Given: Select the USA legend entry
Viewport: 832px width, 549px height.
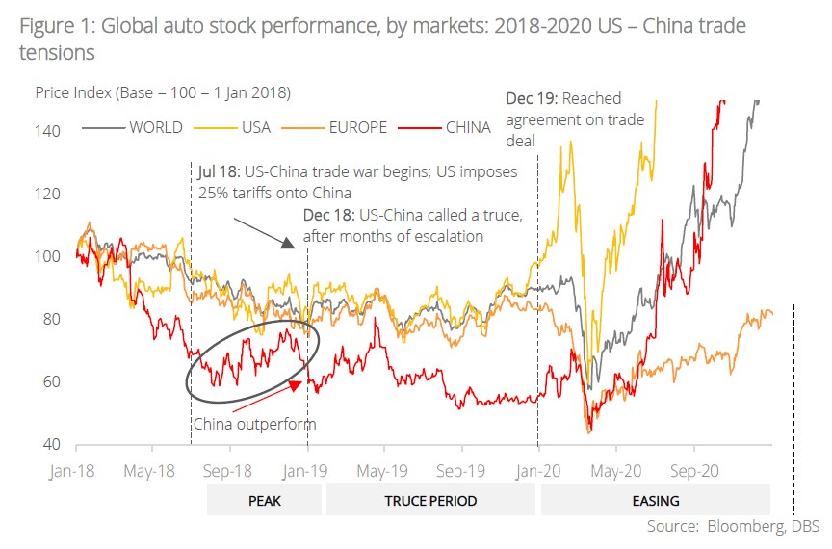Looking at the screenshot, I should [242, 127].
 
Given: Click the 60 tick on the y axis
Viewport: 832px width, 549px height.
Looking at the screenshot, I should [53, 381].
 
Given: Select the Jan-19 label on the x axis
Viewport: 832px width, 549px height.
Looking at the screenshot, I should [307, 473].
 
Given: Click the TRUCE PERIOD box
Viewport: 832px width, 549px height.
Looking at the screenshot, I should [430, 501].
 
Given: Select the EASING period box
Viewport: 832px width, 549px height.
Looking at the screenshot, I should [656, 501].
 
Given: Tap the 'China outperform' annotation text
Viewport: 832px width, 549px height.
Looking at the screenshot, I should [254, 424].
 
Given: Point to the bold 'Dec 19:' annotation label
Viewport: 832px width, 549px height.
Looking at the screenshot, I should [532, 98].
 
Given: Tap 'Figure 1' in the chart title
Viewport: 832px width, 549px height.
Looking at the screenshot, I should [52, 26].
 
